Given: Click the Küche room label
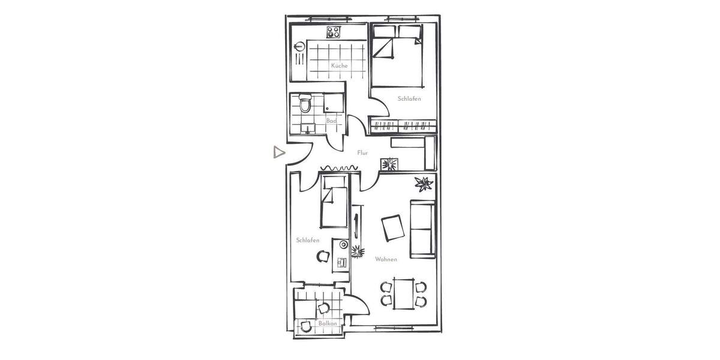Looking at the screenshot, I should click(x=339, y=65).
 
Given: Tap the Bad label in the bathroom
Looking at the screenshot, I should click(x=331, y=121).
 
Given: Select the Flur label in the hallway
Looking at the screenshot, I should click(x=362, y=153).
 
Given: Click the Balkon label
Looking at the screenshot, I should click(x=328, y=323).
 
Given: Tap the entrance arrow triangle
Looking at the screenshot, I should click(x=278, y=152).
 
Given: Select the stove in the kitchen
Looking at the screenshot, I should click(x=334, y=32).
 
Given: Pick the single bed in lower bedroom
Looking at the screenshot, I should click(x=334, y=205).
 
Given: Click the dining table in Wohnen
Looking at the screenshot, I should click(x=403, y=292).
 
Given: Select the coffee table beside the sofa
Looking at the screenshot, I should click(x=392, y=227).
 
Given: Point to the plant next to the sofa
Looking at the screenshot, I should click(x=424, y=183).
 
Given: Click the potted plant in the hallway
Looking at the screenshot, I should click(x=389, y=163).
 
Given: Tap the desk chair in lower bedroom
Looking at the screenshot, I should click(x=323, y=256).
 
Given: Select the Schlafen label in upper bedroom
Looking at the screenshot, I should click(x=409, y=98).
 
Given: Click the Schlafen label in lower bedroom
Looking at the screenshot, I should click(x=307, y=240).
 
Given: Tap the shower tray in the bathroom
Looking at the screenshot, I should click(x=334, y=103).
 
